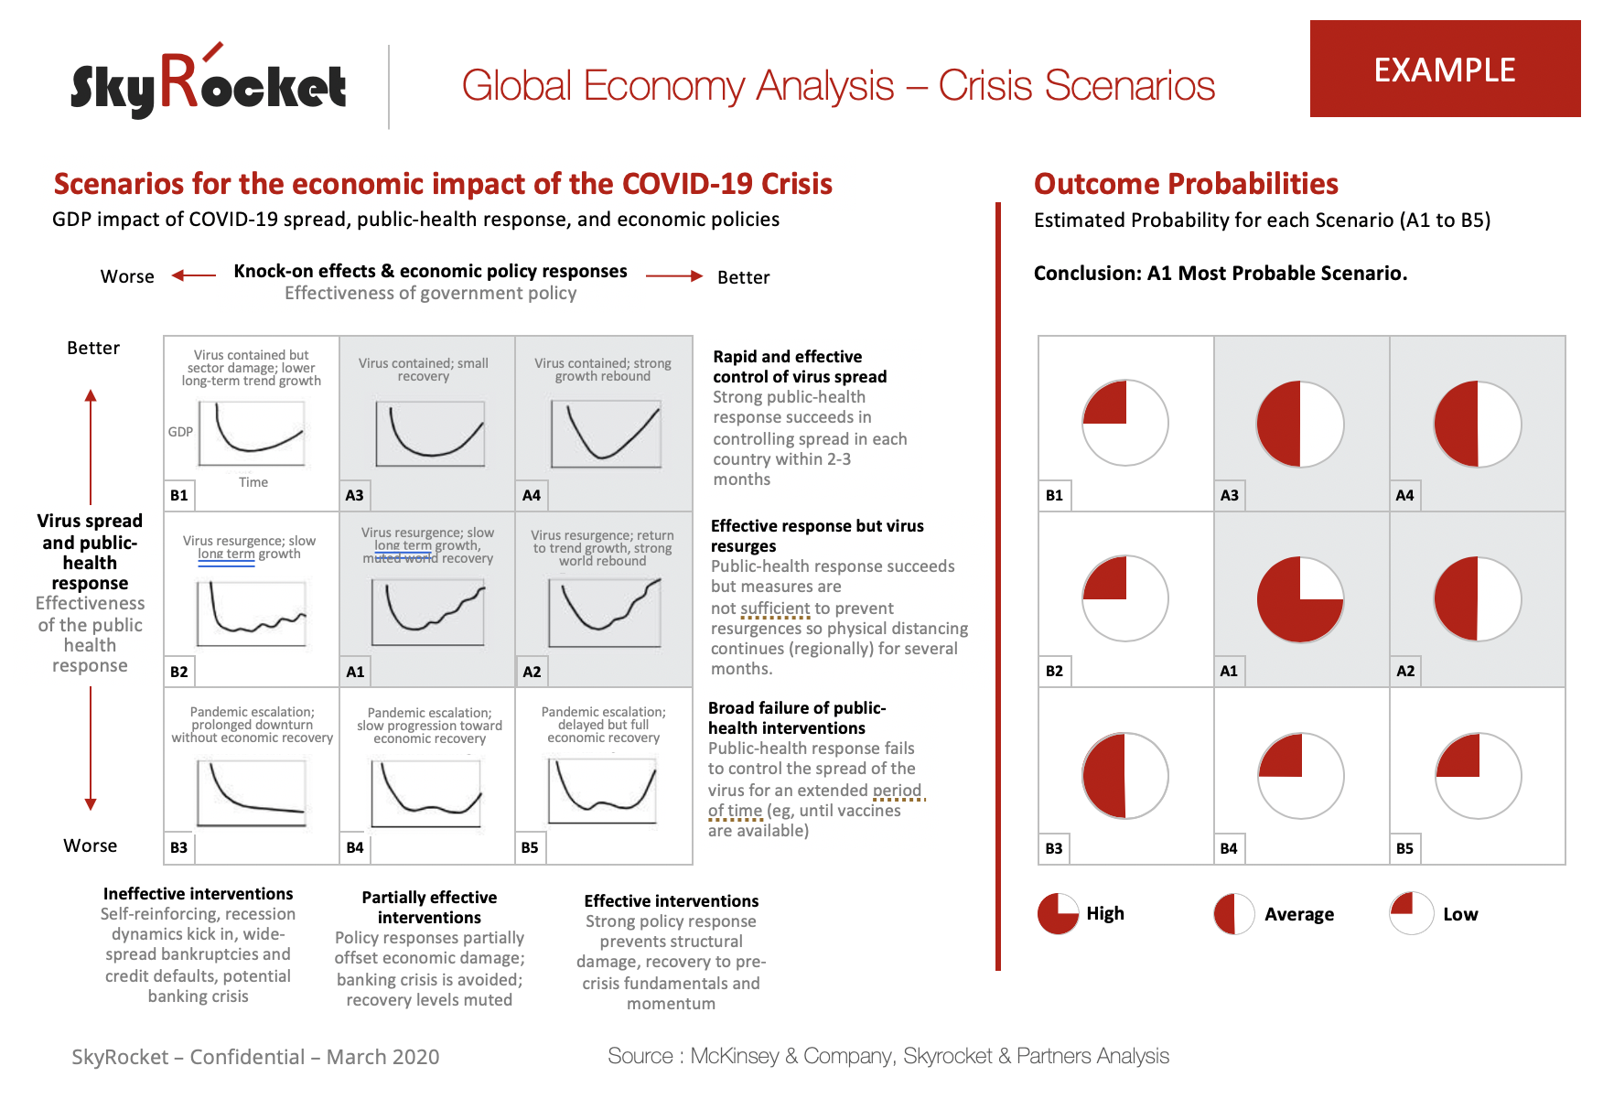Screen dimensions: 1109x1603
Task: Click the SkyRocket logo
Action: click(x=209, y=85)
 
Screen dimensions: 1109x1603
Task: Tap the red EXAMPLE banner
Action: click(x=1445, y=70)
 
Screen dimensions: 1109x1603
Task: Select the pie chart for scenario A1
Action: click(x=1300, y=599)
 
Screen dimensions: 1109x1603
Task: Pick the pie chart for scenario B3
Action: click(x=1125, y=776)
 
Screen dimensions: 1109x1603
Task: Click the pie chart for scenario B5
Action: click(x=1479, y=776)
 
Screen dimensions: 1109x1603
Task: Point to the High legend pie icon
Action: click(x=1058, y=913)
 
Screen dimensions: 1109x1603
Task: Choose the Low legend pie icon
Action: click(x=1411, y=913)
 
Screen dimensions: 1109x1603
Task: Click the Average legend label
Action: click(x=1298, y=914)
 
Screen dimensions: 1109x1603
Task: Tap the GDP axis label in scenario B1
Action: click(x=180, y=432)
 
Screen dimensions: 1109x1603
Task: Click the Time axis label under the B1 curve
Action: click(x=253, y=482)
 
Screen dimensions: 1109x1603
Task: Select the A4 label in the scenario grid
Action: click(x=532, y=495)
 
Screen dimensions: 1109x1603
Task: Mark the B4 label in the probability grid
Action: click(x=1229, y=848)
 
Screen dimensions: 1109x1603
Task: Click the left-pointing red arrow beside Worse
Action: click(x=193, y=275)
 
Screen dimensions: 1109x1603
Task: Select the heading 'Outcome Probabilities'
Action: click(x=1186, y=184)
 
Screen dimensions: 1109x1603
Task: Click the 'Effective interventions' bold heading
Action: click(x=672, y=901)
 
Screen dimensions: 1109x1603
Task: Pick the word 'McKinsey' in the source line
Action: click(x=734, y=1056)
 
